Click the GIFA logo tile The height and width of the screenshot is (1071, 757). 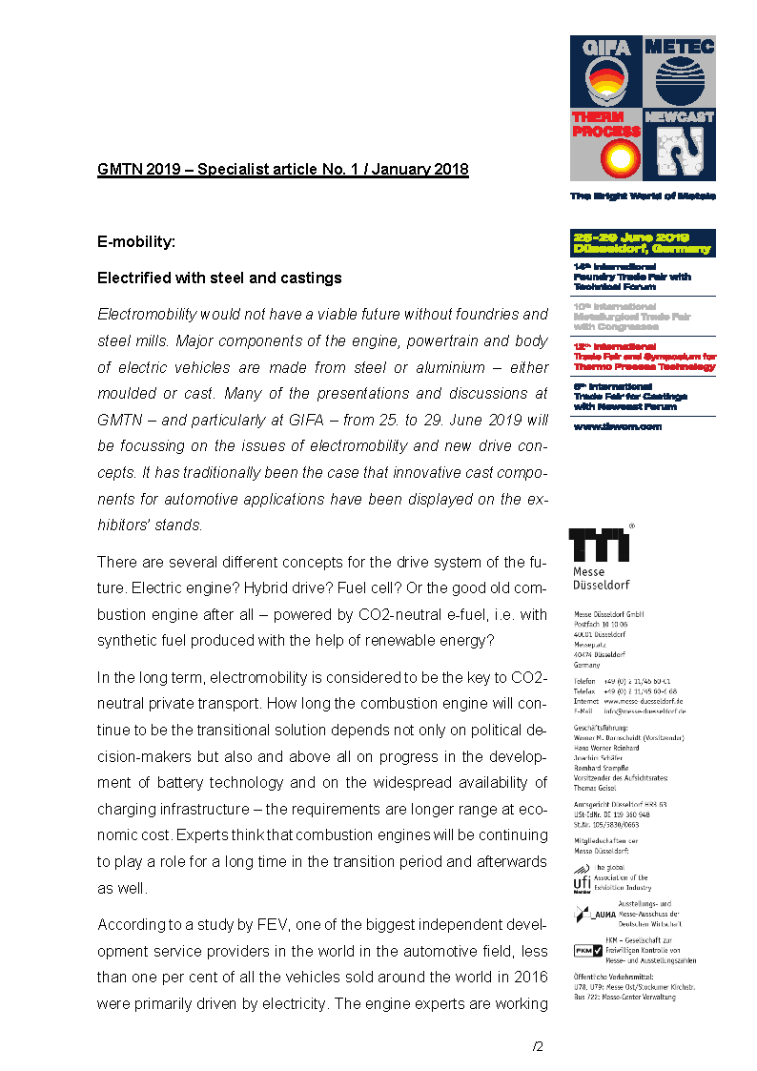click(605, 72)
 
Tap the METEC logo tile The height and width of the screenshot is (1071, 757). click(680, 72)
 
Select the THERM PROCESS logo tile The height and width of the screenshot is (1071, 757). click(605, 145)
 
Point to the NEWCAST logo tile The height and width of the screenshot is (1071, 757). click(680, 145)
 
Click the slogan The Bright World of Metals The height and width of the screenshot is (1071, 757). click(642, 196)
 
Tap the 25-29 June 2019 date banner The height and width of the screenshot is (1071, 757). click(642, 243)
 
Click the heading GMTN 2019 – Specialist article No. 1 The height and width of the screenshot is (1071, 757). click(282, 170)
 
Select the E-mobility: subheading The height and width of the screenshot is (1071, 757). click(136, 242)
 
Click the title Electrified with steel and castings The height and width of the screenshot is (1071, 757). click(219, 278)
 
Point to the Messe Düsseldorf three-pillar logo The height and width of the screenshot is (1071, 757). click(599, 546)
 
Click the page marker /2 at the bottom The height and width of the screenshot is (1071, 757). click(538, 1046)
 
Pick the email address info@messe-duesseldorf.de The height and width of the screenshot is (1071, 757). click(644, 711)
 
